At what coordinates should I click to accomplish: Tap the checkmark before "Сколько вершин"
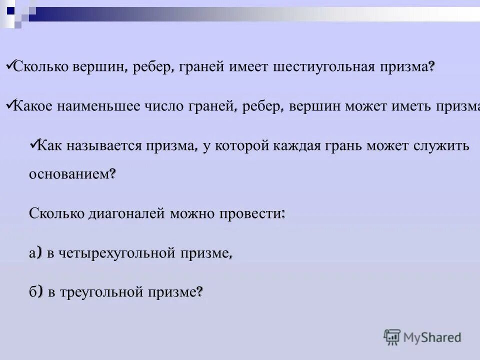(9, 65)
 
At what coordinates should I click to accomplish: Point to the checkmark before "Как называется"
(33, 143)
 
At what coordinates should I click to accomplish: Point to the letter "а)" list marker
(35, 253)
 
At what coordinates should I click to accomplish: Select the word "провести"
(250, 213)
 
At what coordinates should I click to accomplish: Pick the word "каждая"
(298, 146)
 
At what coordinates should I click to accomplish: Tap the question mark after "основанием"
(112, 173)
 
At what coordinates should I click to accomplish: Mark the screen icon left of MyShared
(392, 337)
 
